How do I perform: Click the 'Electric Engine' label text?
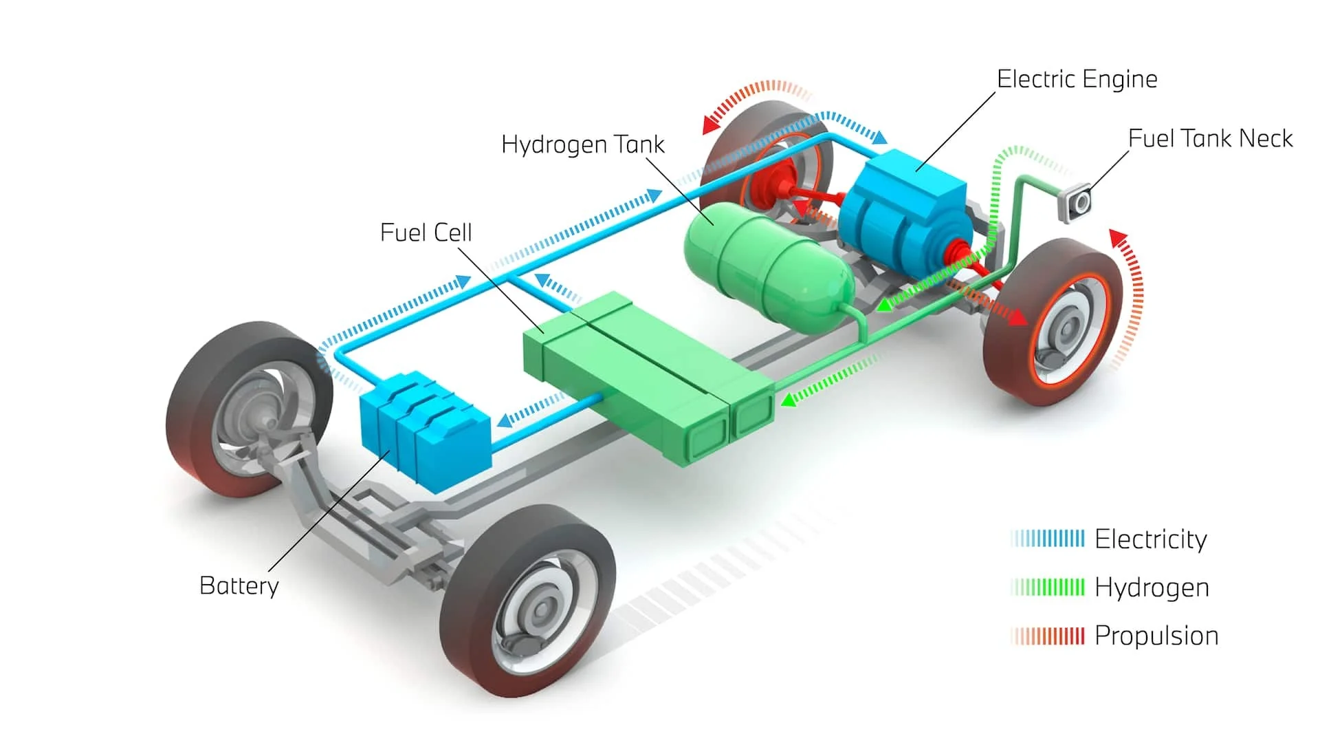click(1077, 79)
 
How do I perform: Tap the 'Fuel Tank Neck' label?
click(1210, 138)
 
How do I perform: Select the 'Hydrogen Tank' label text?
click(582, 144)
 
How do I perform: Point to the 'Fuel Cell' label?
click(426, 233)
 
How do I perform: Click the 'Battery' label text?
click(239, 585)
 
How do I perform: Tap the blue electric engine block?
click(901, 206)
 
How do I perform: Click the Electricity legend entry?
click(1149, 539)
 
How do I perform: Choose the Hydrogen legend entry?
click(1151, 587)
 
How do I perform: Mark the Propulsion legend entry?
click(1156, 635)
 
